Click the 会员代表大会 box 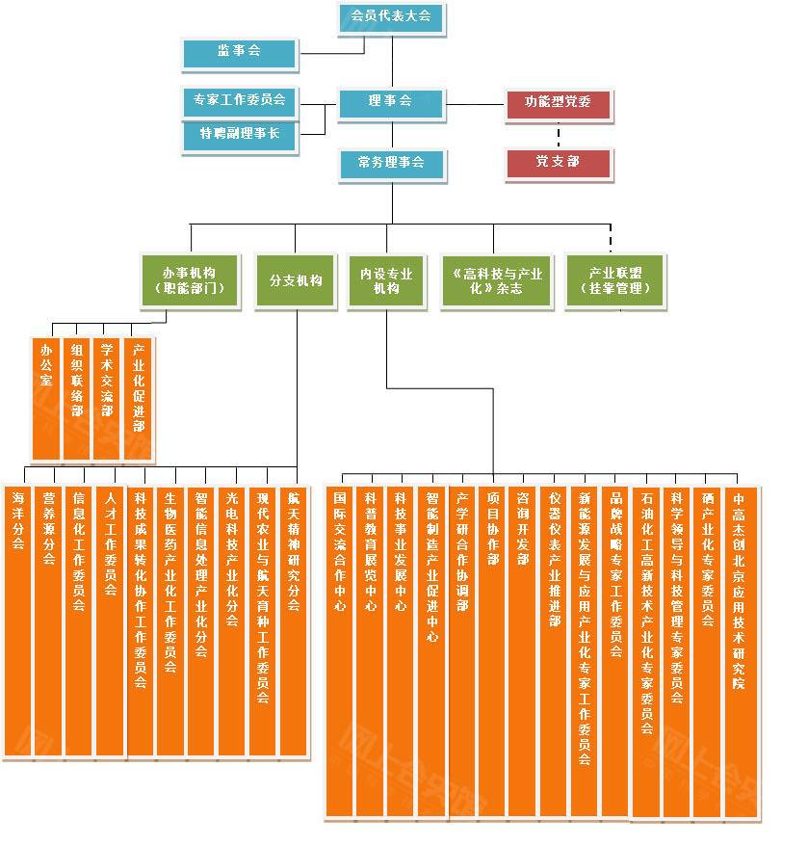(x=391, y=17)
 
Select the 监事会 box (x=239, y=52)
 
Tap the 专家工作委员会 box (x=239, y=100)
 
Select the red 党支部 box (x=558, y=163)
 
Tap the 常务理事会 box (x=390, y=164)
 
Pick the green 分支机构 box (x=296, y=280)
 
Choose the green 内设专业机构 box (x=386, y=280)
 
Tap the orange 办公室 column (x=46, y=398)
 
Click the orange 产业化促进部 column (x=139, y=398)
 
